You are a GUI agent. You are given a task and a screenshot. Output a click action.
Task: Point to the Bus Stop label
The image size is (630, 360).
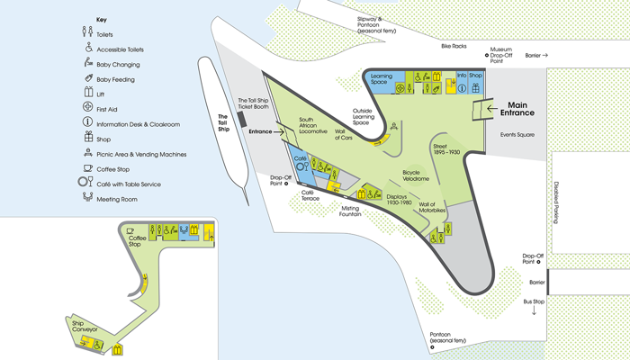click(x=534, y=301)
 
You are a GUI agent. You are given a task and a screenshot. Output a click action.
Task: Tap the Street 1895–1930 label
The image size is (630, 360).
click(x=446, y=148)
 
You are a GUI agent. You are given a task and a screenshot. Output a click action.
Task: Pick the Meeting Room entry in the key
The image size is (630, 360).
click(x=115, y=198)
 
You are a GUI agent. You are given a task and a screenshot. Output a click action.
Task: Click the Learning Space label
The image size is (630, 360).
click(x=382, y=77)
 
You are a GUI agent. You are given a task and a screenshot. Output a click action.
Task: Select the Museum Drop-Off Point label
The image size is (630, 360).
click(x=500, y=53)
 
